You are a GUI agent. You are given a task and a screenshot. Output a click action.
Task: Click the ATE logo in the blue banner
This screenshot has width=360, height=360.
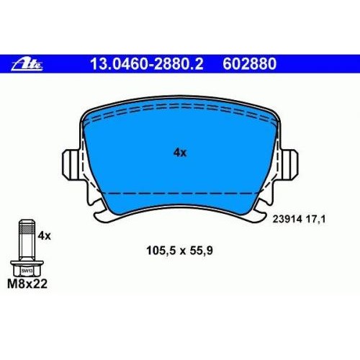(x=27, y=64)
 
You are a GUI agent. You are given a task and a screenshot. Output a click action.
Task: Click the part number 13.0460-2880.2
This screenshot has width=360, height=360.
(x=147, y=64)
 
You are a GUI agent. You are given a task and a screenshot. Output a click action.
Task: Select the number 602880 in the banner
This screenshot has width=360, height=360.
(x=250, y=64)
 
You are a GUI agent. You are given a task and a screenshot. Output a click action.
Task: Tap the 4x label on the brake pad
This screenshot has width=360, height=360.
(x=180, y=153)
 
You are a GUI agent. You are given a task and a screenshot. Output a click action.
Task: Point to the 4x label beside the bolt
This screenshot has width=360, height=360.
(x=45, y=236)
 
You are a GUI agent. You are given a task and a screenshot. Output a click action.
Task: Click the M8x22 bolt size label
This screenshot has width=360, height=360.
(x=27, y=284)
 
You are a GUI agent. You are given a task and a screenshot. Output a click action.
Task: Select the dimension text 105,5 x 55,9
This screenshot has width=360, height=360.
(x=179, y=251)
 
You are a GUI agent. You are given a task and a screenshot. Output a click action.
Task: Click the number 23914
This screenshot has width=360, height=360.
(x=287, y=219)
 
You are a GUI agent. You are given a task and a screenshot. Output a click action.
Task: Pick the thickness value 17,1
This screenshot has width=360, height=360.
(x=315, y=219)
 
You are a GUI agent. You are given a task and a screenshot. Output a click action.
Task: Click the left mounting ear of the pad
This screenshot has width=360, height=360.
(x=71, y=165)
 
